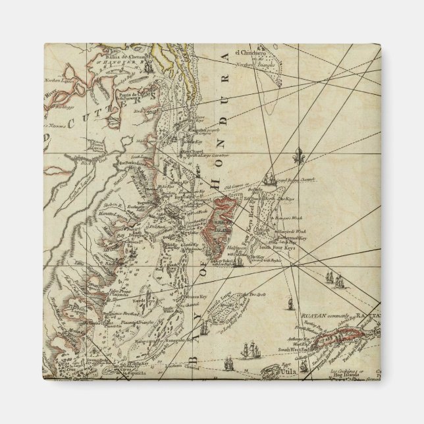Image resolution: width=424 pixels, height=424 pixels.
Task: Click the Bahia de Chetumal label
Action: pos(115,58)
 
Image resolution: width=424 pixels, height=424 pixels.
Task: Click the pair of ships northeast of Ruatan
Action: pos(338,282)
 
